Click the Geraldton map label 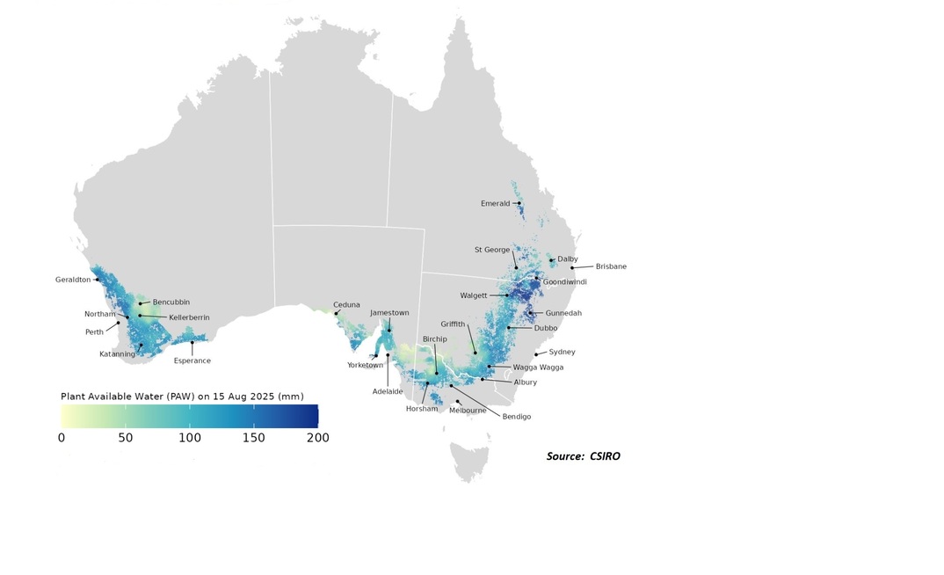72,280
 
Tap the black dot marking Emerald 519,203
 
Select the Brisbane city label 611,266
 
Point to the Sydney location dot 536,354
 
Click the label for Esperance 192,360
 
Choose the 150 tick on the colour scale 253,437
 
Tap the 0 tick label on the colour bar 62,437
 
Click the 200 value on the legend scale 317,437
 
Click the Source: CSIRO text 583,456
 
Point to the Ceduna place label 346,305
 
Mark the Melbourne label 468,411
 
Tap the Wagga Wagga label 538,368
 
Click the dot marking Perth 120,322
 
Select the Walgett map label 473,295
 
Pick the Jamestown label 389,313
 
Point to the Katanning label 117,354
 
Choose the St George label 492,250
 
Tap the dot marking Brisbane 572,267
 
